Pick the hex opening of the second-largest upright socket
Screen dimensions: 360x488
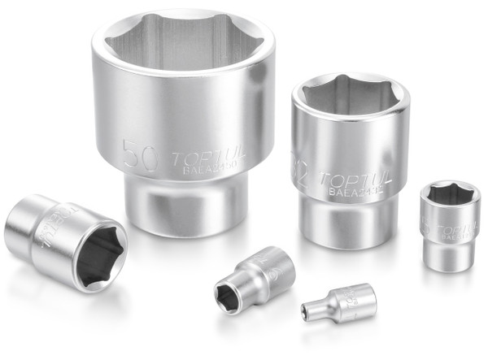[351, 95]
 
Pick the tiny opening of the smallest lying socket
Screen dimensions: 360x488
[311, 309]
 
